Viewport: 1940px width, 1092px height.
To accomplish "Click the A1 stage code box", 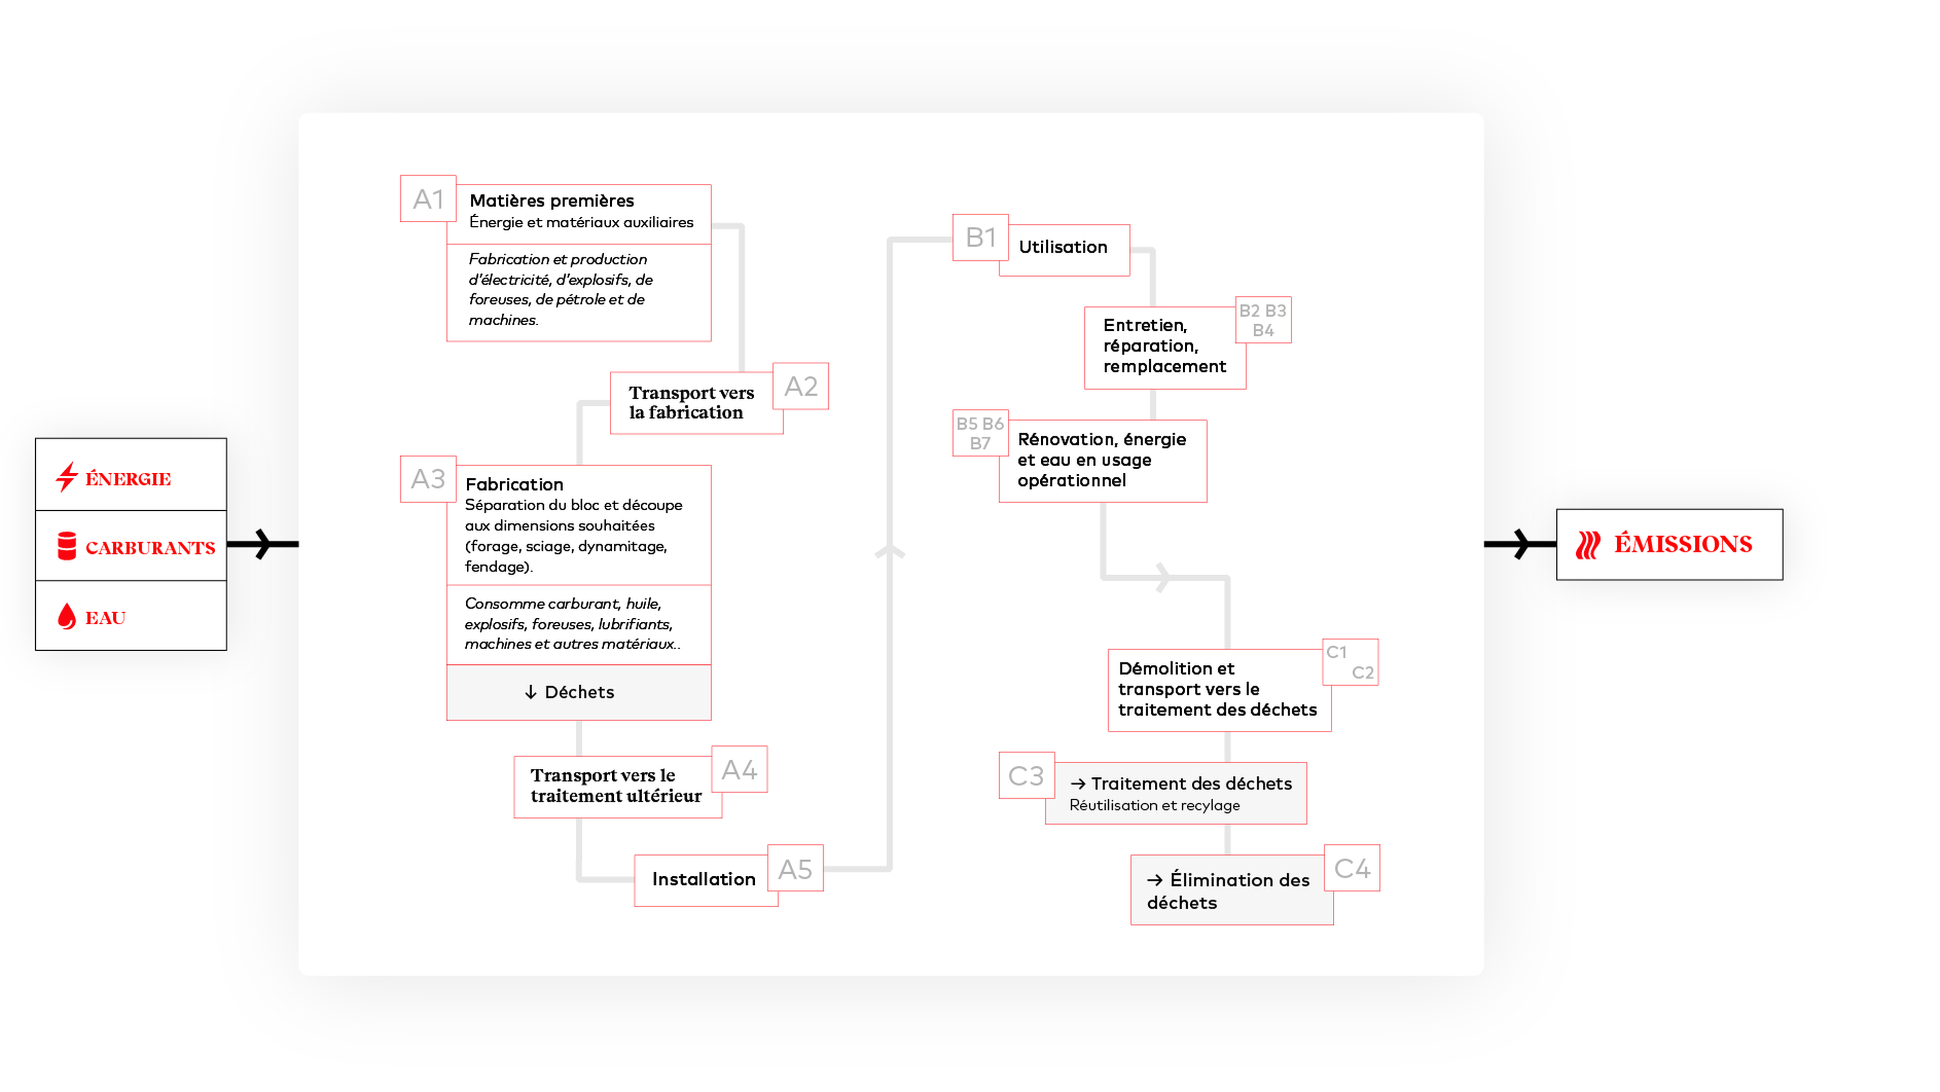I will point(428,199).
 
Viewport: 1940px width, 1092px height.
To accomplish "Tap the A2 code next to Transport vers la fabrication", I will point(801,386).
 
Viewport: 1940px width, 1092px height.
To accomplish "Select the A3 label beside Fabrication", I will point(428,479).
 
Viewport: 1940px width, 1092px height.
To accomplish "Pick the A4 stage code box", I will point(739,770).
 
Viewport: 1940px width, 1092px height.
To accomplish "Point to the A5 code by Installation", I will point(795,869).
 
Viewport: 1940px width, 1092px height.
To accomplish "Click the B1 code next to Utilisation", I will point(981,238).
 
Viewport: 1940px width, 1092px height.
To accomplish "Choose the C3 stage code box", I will point(1026,776).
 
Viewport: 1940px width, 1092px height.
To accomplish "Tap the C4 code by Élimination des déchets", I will point(1352,868).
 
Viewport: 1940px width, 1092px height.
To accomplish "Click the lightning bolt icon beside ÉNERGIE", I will point(67,477).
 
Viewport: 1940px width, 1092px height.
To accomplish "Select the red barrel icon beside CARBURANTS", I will point(67,546).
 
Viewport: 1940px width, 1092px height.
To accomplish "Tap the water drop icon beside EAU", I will point(67,616).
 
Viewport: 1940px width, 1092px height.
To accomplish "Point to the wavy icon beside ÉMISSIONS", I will point(1587,544).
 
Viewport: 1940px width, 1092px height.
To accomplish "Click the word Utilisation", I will point(1062,247).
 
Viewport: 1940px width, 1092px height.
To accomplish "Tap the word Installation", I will point(703,879).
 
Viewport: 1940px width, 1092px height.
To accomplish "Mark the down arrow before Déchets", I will point(531,692).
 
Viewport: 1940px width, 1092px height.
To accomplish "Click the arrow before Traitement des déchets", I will point(1078,784).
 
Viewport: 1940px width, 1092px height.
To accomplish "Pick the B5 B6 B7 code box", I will point(980,433).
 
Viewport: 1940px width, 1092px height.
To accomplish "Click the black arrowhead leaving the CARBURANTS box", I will point(262,544).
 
